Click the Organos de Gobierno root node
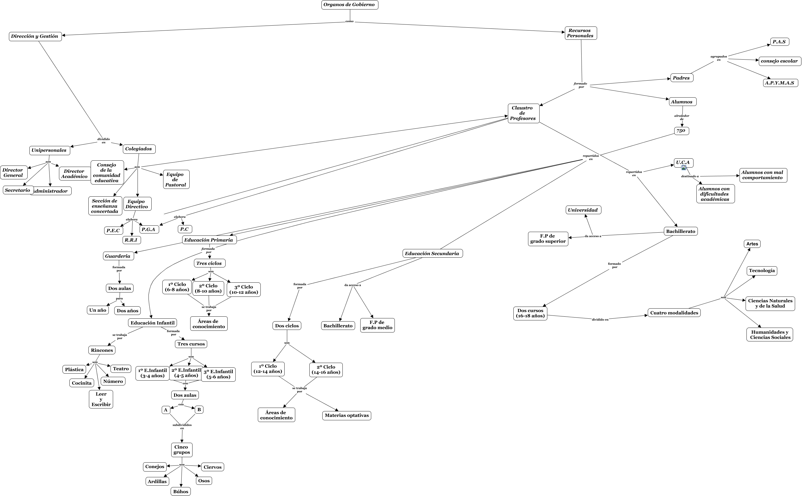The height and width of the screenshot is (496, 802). [x=350, y=5]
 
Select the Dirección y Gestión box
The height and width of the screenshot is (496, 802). [x=35, y=36]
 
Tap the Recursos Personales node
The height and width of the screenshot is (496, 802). [x=580, y=33]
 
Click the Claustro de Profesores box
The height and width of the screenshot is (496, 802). [x=523, y=113]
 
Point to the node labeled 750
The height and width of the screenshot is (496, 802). [x=681, y=131]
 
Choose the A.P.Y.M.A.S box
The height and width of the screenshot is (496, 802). [x=780, y=83]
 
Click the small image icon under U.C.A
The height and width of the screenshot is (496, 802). [x=684, y=168]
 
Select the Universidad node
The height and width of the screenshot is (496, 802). [x=583, y=210]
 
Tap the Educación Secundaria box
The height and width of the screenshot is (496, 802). [x=432, y=254]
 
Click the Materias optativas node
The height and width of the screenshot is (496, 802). [x=346, y=416]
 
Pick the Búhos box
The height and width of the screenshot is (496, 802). [x=181, y=491]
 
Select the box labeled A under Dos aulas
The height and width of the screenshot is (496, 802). [x=166, y=410]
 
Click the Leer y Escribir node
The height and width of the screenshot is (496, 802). [x=101, y=399]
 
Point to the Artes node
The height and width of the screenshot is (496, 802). [x=752, y=244]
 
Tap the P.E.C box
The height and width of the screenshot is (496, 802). [x=113, y=231]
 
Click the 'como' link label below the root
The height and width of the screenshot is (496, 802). [x=350, y=22]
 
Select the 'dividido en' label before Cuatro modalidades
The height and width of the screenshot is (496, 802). [x=600, y=320]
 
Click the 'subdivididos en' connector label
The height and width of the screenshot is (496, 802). [x=182, y=426]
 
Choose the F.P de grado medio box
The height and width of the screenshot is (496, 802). [x=377, y=325]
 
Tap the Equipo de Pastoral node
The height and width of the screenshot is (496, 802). [x=176, y=179]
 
